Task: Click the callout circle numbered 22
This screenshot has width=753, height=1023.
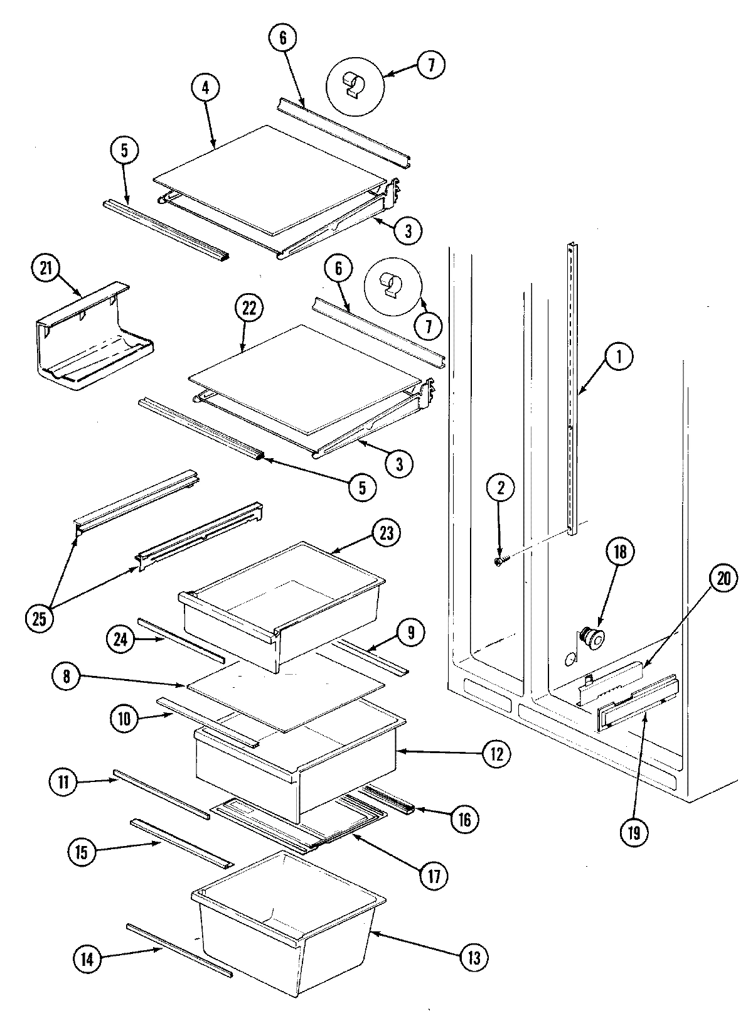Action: pyautogui.click(x=249, y=309)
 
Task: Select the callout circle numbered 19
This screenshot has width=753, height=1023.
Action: pyautogui.click(x=632, y=833)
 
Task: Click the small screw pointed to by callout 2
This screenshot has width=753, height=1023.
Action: pyautogui.click(x=499, y=562)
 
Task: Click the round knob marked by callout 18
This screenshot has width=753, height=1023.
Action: pyautogui.click(x=591, y=638)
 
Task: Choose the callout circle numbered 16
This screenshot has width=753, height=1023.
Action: pyautogui.click(x=464, y=818)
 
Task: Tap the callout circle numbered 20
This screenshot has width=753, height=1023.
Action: pyautogui.click(x=724, y=579)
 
